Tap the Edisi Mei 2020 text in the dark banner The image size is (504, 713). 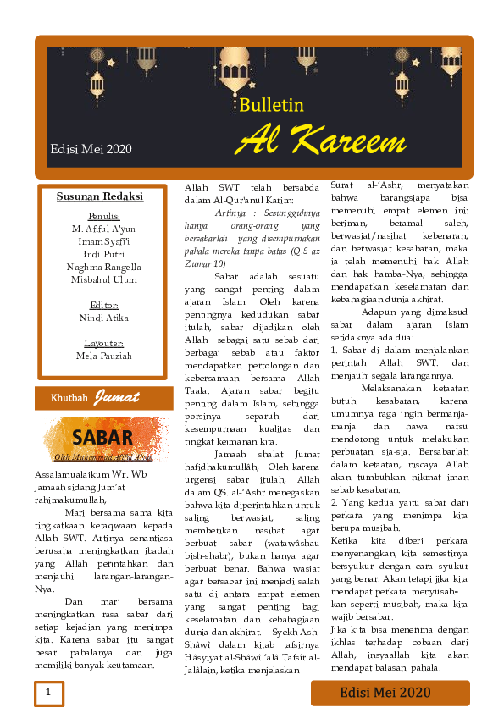coord(91,150)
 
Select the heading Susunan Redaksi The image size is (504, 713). coord(100,197)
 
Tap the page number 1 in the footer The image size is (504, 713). coord(48,693)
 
